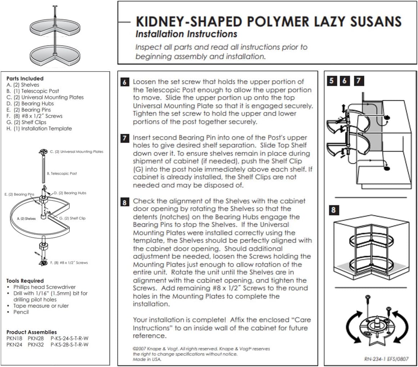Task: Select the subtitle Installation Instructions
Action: click(x=186, y=34)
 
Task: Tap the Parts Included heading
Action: click(x=25, y=78)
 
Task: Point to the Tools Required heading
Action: click(x=25, y=281)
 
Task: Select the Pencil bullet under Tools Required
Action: click(x=21, y=312)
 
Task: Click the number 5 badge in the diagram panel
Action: click(x=332, y=81)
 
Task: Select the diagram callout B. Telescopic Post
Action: click(x=62, y=173)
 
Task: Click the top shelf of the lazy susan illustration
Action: click(x=53, y=26)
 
